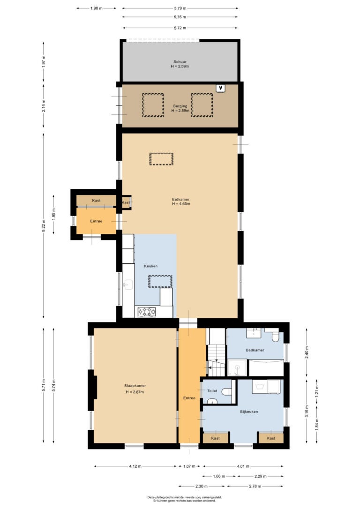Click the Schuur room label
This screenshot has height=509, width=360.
pyautogui.click(x=180, y=62)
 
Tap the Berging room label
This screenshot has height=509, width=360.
pyautogui.click(x=180, y=106)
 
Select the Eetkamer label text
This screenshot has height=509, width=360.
pyautogui.click(x=181, y=199)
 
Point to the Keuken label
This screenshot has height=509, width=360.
pyautogui.click(x=150, y=266)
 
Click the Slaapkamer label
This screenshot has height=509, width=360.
pyautogui.click(x=135, y=386)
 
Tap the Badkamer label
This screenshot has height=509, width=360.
pyautogui.click(x=255, y=350)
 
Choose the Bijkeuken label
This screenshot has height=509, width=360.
pyautogui.click(x=249, y=412)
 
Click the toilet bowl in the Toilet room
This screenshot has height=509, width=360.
pyautogui.click(x=227, y=392)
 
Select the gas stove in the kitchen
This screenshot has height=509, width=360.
pyautogui.click(x=147, y=312)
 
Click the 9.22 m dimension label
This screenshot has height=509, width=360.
pyautogui.click(x=44, y=226)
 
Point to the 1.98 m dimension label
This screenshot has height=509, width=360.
pyautogui.click(x=97, y=8)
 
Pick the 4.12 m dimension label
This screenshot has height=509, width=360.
pyautogui.click(x=135, y=466)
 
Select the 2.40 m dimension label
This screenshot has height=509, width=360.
pyautogui.click(x=307, y=352)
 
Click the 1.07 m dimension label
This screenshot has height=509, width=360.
pyautogui.click(x=189, y=466)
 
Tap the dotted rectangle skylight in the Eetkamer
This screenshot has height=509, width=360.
pyautogui.click(x=161, y=159)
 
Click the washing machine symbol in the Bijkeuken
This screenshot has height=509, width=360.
pyautogui.click(x=259, y=386)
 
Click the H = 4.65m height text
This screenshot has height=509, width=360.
pyautogui.click(x=181, y=204)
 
